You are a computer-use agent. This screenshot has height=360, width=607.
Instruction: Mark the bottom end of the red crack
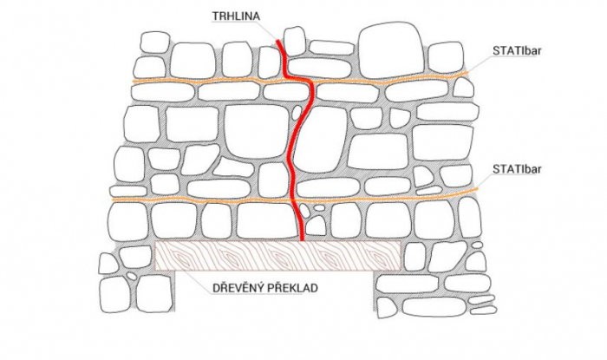[301, 238]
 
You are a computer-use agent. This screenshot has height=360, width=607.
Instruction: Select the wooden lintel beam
[277, 255]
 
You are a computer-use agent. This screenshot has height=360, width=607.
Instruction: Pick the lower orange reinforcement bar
[217, 200]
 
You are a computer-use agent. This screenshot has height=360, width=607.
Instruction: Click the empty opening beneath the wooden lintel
[277, 321]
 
